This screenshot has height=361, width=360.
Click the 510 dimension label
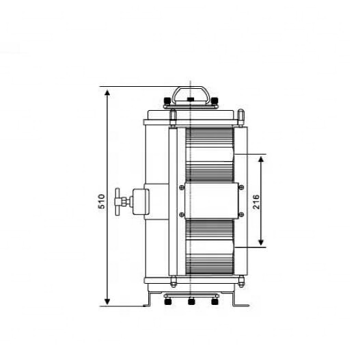click(x=102, y=202)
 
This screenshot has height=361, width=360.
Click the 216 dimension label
click(x=256, y=202)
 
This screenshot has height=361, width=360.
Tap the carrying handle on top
click(x=191, y=95)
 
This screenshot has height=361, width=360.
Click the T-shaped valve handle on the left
click(x=117, y=202)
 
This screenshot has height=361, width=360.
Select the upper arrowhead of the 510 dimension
click(x=107, y=93)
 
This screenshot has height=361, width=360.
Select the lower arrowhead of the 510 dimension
click(x=107, y=301)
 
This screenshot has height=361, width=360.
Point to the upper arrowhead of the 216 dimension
click(x=261, y=159)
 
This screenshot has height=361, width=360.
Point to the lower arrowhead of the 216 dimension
click(x=261, y=242)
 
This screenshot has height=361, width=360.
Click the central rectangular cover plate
click(x=211, y=201)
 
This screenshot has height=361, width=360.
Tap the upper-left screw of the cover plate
click(x=182, y=187)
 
